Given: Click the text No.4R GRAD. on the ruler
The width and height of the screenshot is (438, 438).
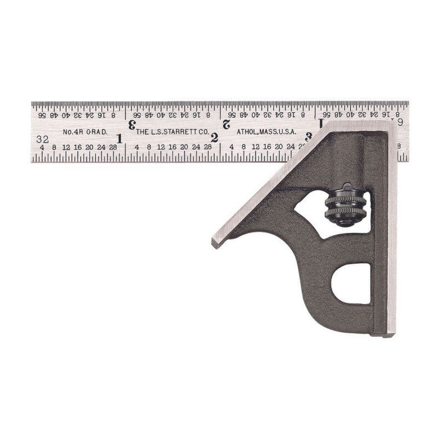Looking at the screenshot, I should coord(84,132).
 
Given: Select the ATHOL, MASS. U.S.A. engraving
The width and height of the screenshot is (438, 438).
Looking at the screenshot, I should coord(266,132).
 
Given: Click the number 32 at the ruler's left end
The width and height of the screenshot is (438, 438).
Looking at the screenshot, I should coord(42,139).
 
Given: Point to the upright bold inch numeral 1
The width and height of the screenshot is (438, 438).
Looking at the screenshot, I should coord(119,137).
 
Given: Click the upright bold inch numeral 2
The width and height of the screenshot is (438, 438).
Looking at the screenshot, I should coord(214,138).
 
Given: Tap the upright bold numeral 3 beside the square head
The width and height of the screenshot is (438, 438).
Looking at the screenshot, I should coord(309,136).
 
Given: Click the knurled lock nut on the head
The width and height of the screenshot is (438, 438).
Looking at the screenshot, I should coord(345,204).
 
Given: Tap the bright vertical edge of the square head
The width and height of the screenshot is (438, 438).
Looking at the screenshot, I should coord(391,230).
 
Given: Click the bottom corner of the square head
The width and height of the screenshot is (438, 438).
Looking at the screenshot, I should coord(390,333).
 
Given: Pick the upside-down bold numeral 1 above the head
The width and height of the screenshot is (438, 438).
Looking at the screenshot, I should coord(321,124).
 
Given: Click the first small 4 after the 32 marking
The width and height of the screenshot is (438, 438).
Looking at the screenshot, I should coord(42,147).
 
